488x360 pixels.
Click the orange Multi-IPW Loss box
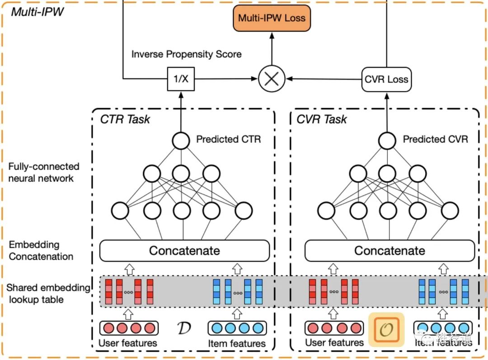coord(272,19)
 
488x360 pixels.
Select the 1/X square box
coord(181,79)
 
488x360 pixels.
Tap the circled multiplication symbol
coord(272,79)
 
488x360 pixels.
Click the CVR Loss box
coord(386,79)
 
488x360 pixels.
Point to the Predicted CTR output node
coord(181,140)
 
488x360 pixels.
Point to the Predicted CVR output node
coord(387,140)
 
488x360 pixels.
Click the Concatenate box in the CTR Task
coord(184,250)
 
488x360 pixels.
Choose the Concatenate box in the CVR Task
coord(389,250)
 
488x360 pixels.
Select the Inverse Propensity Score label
coord(186,54)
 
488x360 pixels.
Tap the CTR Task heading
coord(125,120)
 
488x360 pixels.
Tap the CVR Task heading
coord(322,120)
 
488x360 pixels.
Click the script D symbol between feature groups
coord(183,328)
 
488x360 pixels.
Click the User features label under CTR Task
coord(128,343)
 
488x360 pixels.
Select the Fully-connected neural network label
coord(43,172)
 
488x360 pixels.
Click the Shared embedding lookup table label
coord(48,294)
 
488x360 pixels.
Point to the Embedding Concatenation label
coord(41,251)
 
